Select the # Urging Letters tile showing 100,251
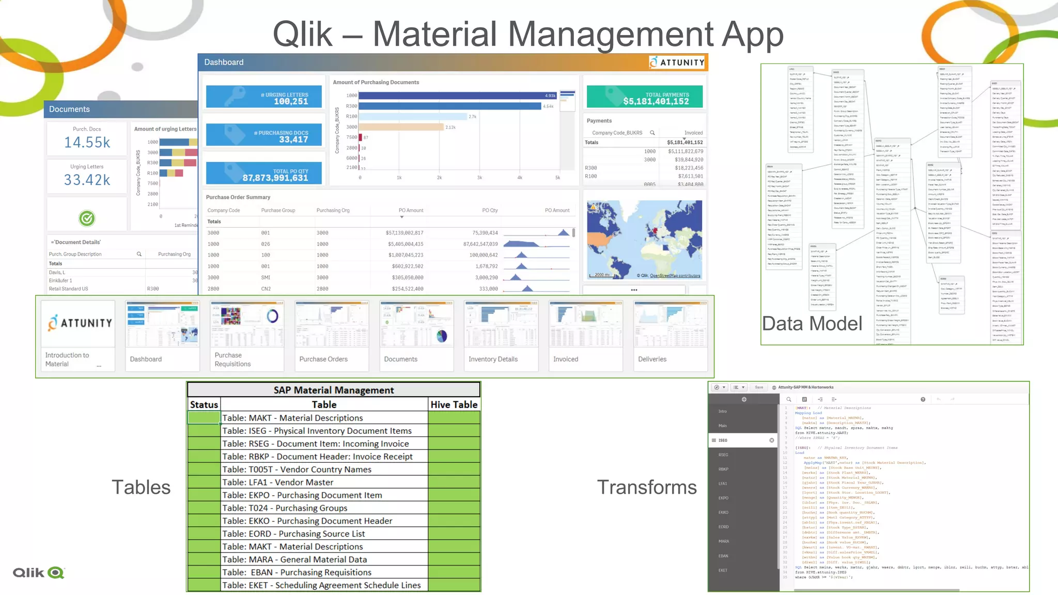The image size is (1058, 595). pyautogui.click(x=263, y=97)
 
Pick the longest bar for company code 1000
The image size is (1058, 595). pyautogui.click(x=457, y=96)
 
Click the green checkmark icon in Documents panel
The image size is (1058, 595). pyautogui.click(x=87, y=218)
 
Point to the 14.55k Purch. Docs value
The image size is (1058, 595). pyautogui.click(x=87, y=143)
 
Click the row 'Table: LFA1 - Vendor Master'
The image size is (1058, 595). pyautogui.click(x=324, y=482)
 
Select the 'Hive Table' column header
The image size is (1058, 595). pyautogui.click(x=454, y=405)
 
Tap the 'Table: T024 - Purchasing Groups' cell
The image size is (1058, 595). pyautogui.click(x=324, y=508)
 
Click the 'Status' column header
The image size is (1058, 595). pyautogui.click(x=204, y=405)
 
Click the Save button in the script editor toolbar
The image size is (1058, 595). pyautogui.click(x=758, y=387)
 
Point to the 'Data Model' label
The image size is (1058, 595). pyautogui.click(x=812, y=324)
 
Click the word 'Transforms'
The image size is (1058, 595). pyautogui.click(x=647, y=487)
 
